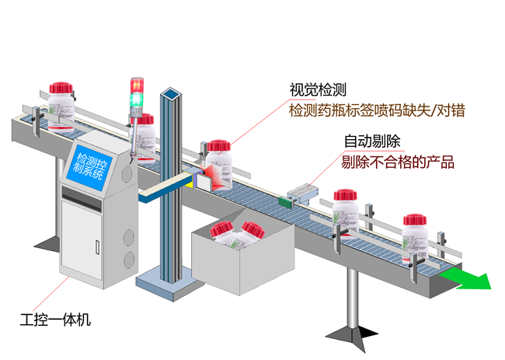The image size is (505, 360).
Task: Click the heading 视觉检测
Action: [x=318, y=90]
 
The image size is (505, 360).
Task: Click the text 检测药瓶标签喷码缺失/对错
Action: [x=377, y=110]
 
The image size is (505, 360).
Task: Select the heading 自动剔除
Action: [x=372, y=142]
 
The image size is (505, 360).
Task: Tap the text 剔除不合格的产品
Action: [x=398, y=162]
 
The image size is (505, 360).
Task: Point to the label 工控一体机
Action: [x=55, y=320]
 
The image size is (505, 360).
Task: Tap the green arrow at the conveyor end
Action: [x=466, y=280]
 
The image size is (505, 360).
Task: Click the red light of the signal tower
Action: [x=137, y=85]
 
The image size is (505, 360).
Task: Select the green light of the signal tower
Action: [x=137, y=100]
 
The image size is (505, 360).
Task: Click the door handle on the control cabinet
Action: [x=98, y=246]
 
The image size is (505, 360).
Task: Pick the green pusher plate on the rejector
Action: [x=286, y=202]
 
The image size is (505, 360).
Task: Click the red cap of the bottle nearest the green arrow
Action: [x=415, y=219]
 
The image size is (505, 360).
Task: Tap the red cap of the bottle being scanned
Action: [x=218, y=145]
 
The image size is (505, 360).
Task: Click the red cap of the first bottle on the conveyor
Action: [x=61, y=88]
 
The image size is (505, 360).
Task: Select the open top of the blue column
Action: [x=171, y=93]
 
